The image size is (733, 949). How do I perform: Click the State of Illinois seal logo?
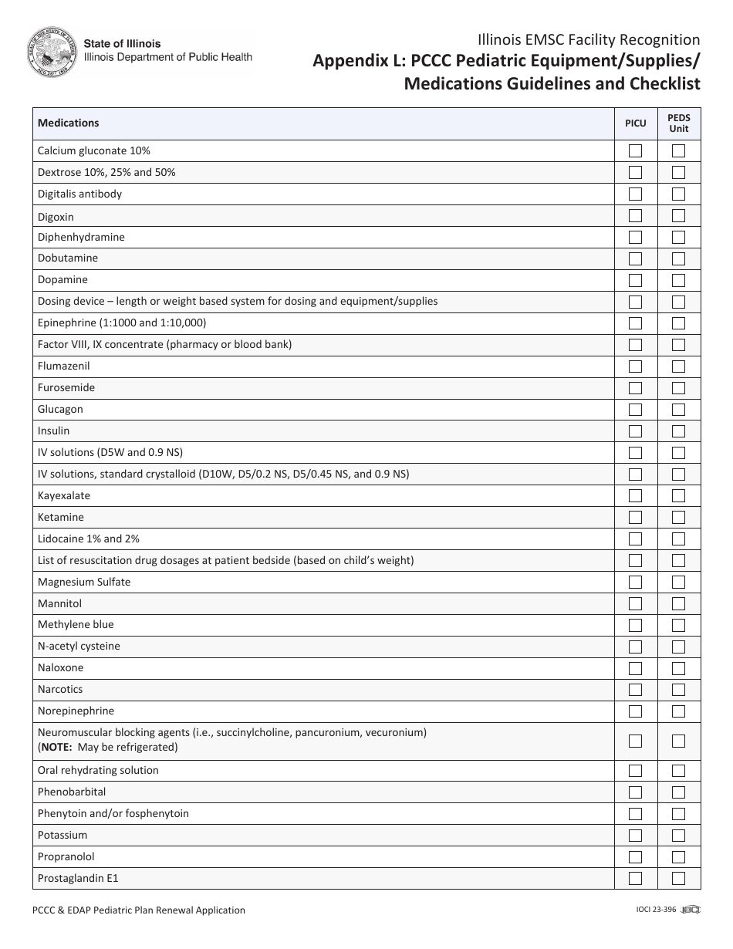pos(52,52)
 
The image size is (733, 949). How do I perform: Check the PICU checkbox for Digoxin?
pos(635,216)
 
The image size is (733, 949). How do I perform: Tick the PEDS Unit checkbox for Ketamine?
pos(678,517)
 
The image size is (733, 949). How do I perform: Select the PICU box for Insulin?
pos(635,431)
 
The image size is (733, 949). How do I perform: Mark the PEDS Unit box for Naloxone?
pos(678,668)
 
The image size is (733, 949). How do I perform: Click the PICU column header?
pos(635,123)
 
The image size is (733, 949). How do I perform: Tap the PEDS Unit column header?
pos(679,123)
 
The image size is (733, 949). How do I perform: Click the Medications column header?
pos(69,123)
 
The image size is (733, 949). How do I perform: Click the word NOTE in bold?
pos(56,747)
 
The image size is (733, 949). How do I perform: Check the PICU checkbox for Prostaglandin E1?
pos(635,878)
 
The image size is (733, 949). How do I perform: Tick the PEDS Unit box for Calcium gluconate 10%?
pos(678,150)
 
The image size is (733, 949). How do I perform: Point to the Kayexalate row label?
pos(64,495)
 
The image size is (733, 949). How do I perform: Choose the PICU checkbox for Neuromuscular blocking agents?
pos(635,741)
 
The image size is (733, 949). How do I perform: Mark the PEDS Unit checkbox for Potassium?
pos(678,835)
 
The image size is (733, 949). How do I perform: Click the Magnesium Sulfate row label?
pos(84,582)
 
